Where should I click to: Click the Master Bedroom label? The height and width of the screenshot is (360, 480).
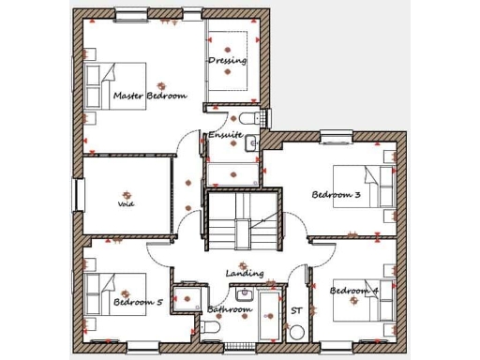click(x=149, y=96)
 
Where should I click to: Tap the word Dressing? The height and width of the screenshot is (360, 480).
click(x=227, y=61)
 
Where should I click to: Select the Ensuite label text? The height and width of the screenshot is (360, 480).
click(x=225, y=135)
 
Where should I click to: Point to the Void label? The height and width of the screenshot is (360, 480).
click(x=126, y=203)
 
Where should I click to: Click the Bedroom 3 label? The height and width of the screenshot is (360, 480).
click(x=336, y=195)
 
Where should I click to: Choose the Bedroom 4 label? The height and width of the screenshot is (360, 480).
click(x=353, y=291)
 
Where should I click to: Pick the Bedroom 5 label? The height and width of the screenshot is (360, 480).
click(x=138, y=303)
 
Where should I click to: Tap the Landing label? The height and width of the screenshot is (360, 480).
click(x=244, y=274)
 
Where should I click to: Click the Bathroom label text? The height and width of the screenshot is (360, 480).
click(x=229, y=309)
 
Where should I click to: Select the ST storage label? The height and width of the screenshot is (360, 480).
click(x=296, y=310)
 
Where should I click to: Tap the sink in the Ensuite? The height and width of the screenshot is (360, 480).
click(x=251, y=142)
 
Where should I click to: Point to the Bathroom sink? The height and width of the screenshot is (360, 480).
click(x=243, y=293)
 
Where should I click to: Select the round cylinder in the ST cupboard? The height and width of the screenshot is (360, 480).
click(x=296, y=332)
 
